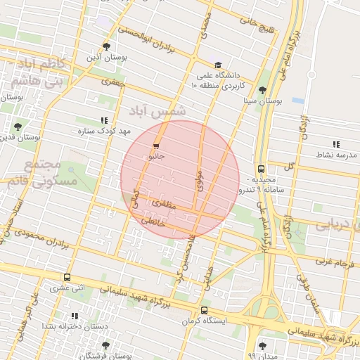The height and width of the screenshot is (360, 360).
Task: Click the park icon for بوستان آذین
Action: pos(106,46)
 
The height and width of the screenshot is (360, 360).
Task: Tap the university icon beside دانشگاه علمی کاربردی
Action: pos(217,65)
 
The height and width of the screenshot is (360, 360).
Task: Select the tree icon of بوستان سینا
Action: pos(262,90)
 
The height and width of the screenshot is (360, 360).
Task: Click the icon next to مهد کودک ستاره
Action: pos(105,120)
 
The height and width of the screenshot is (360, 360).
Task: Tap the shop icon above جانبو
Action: pos(155,146)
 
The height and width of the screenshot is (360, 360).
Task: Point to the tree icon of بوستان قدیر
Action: pos(18,127)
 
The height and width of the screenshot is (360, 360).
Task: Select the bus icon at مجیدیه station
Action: pos(261,169)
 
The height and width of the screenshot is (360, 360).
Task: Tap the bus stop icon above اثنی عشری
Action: pos(67,277)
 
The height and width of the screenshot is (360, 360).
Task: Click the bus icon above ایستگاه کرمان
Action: pos(204,310)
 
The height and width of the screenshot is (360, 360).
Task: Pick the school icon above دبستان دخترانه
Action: pos(75,316)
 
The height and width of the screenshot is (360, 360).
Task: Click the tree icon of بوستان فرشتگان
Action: pos(105,345)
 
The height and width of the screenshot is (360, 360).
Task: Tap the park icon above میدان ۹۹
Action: pos(262,345)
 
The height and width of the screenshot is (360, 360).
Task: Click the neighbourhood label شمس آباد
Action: pos(158,111)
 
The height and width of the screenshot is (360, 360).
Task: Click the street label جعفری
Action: pos(112,82)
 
